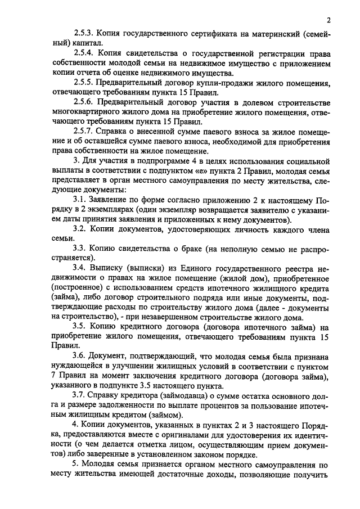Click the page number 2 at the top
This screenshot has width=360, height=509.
coord(328,21)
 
